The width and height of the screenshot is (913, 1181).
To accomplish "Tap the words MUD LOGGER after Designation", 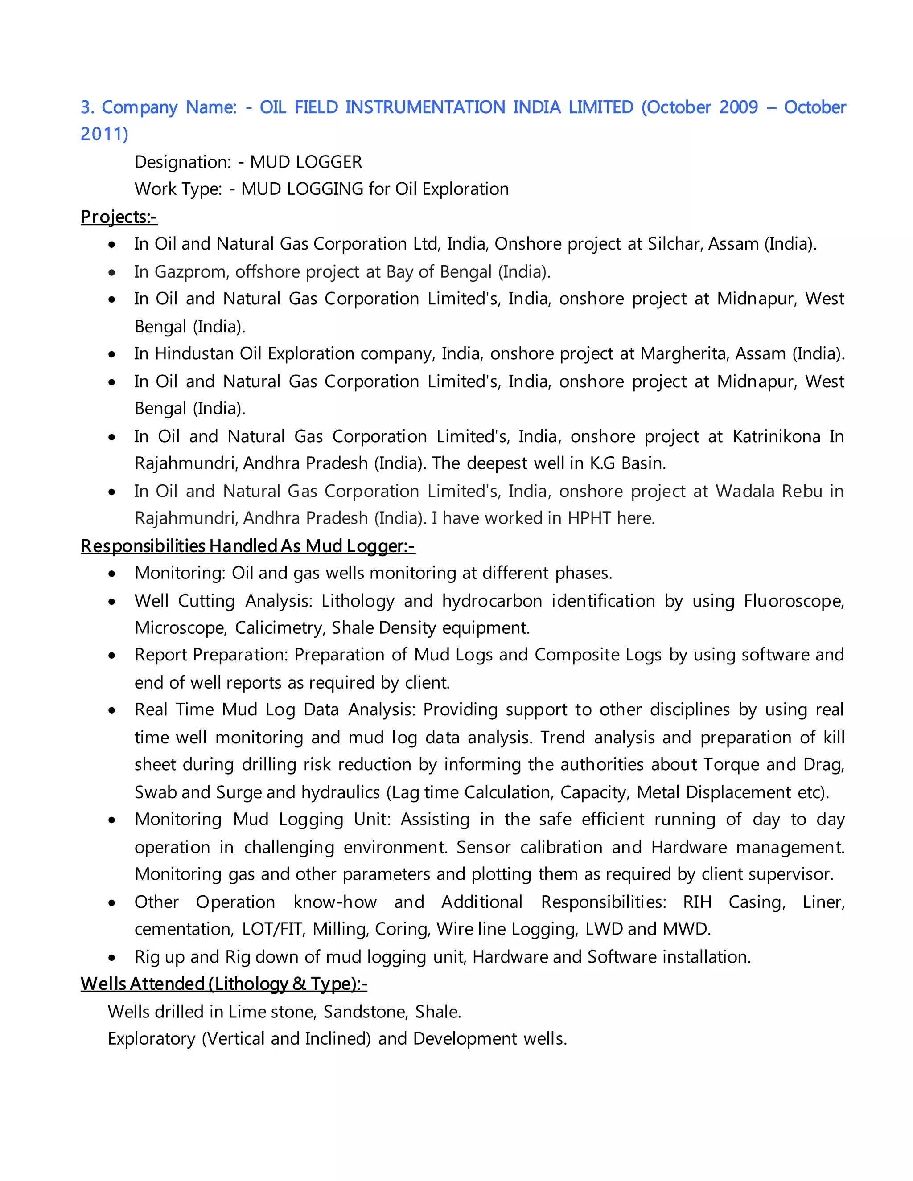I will pyautogui.click(x=305, y=162).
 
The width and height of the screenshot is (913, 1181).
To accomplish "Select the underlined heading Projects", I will pyautogui.click(x=119, y=217).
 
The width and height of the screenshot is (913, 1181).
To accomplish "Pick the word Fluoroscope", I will pyautogui.click(x=793, y=601).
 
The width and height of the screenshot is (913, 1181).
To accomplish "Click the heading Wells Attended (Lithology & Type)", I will pyautogui.click(x=223, y=984).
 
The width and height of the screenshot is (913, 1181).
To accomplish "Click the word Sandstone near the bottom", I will pyautogui.click(x=365, y=1011).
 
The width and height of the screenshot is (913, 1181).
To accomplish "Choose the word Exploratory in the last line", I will pyautogui.click(x=152, y=1039).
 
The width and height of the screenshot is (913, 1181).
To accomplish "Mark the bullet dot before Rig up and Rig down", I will pyautogui.click(x=112, y=958).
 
